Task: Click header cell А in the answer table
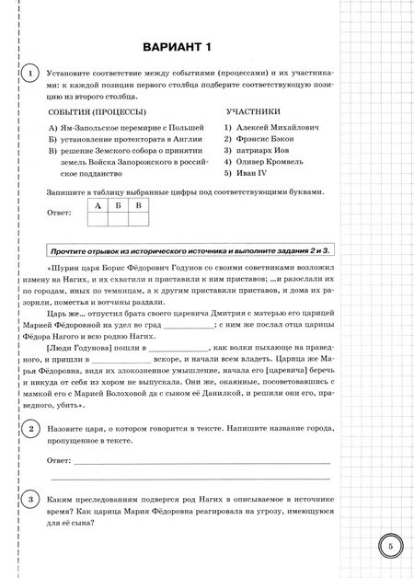pos(97,206)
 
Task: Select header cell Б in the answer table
pos(118,206)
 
